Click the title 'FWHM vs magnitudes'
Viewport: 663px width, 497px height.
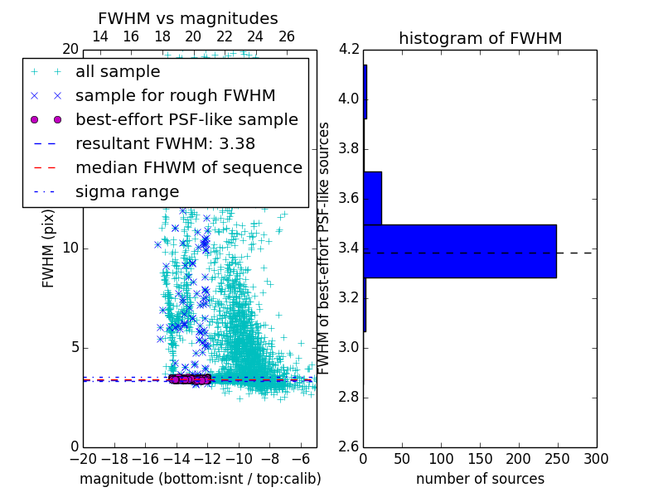click(188, 18)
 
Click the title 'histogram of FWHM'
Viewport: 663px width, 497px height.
click(480, 38)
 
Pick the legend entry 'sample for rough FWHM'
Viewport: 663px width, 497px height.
click(175, 95)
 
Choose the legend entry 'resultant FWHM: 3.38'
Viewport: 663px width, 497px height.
click(165, 143)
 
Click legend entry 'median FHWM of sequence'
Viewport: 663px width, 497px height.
click(188, 167)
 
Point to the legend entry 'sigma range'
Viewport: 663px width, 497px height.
click(127, 191)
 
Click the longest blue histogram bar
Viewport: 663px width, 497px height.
click(460, 251)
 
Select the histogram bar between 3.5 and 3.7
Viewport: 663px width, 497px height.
click(372, 198)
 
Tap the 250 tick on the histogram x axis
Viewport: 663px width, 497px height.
click(557, 458)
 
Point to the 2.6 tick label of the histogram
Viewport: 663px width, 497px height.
click(348, 446)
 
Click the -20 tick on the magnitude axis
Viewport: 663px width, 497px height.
click(83, 458)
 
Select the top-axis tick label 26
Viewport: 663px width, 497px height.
click(287, 36)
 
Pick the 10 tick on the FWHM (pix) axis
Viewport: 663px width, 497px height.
click(70, 248)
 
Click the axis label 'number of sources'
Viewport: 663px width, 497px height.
click(480, 479)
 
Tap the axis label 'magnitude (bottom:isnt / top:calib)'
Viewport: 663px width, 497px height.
click(200, 479)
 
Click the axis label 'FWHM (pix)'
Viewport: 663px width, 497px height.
click(49, 248)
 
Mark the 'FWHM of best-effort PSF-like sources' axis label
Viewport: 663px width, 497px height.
click(324, 248)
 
